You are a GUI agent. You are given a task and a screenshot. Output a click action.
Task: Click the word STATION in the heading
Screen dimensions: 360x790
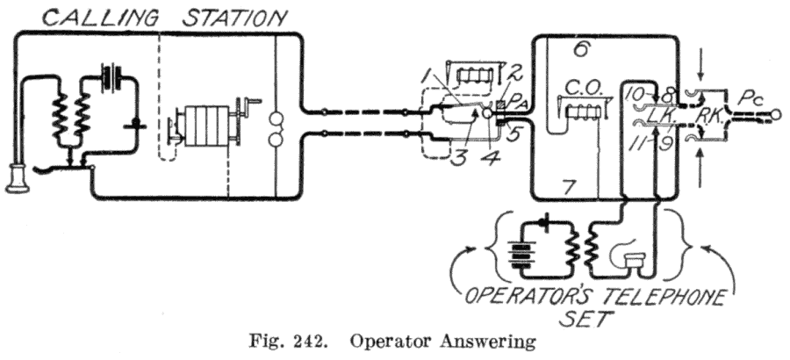(x=234, y=17)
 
